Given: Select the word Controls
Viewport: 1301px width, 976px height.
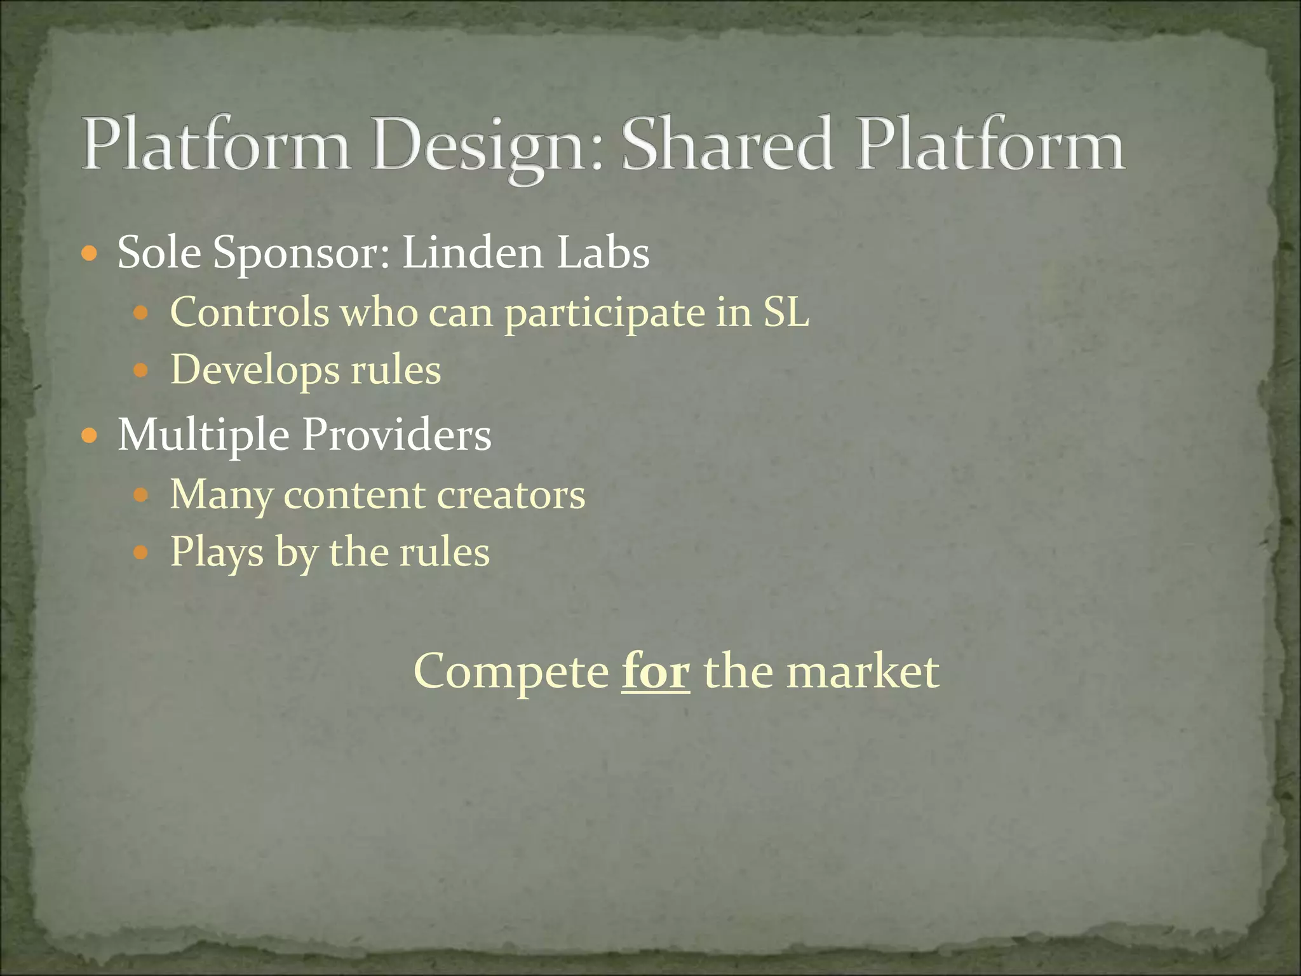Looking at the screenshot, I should [x=250, y=312].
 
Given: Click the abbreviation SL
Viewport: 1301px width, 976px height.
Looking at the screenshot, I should [x=786, y=312].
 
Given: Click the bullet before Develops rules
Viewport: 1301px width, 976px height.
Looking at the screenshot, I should [x=140, y=370].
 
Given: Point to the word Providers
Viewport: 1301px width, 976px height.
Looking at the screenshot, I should [x=396, y=435].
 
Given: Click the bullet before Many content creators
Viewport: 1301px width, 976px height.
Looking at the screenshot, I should [x=140, y=495].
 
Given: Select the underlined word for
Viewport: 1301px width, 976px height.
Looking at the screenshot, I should [x=655, y=671].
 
